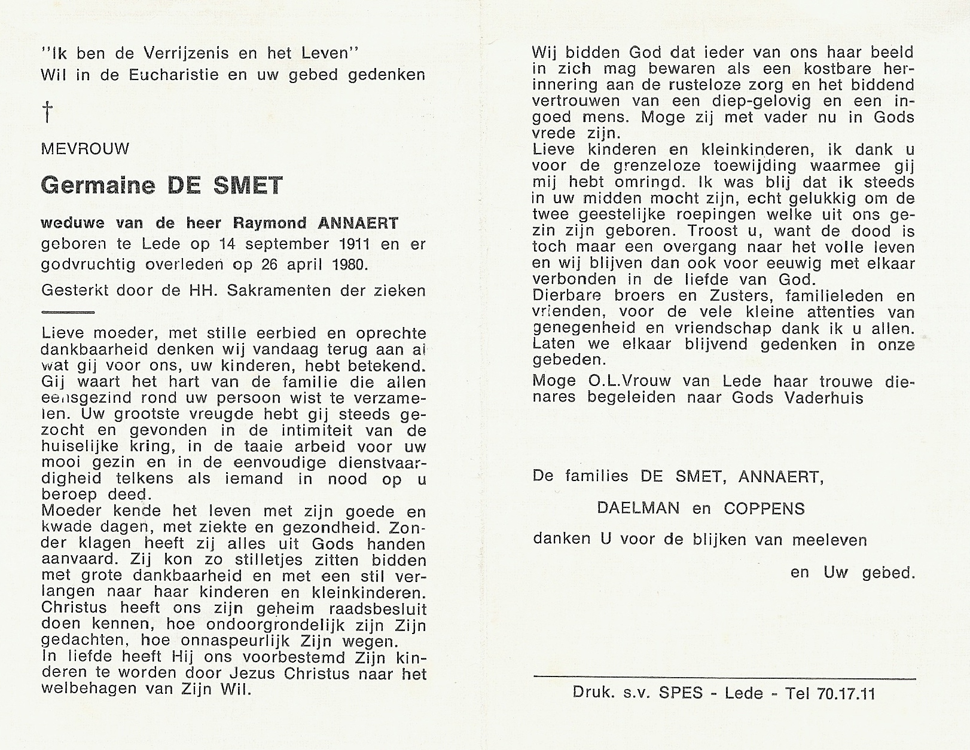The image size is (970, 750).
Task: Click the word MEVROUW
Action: [x=85, y=149]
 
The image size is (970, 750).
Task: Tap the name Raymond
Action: [x=269, y=224]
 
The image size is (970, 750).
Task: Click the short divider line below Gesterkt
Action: [x=68, y=312]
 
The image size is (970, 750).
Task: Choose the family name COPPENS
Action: [x=764, y=509]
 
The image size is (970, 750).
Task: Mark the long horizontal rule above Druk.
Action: [x=724, y=678]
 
